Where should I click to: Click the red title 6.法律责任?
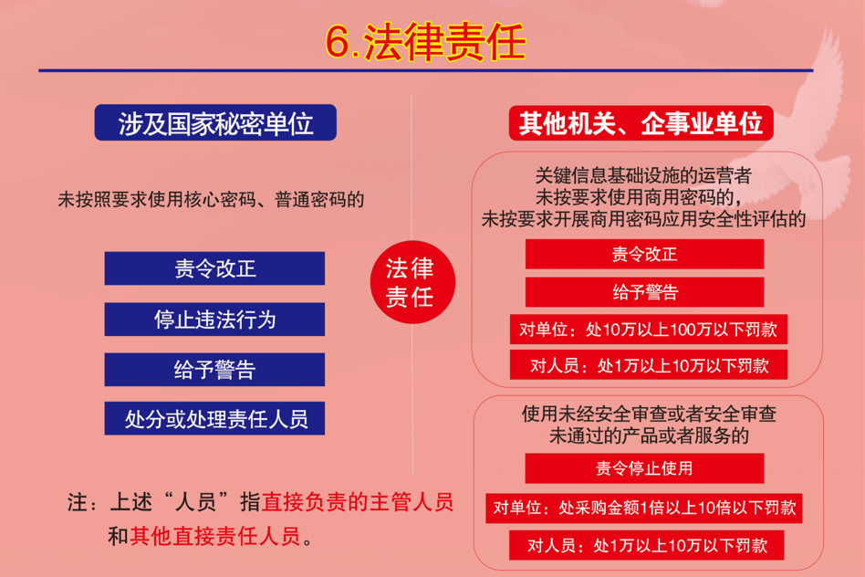point(425,42)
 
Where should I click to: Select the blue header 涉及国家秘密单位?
point(215,122)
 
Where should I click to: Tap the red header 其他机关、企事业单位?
point(641,122)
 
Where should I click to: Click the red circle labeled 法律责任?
point(412,282)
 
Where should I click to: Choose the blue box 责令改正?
point(214,268)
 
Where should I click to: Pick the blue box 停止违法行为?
point(214,320)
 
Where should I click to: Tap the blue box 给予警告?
point(214,370)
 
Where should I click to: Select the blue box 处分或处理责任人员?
point(214,418)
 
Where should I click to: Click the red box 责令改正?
point(644,254)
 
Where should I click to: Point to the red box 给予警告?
point(644,291)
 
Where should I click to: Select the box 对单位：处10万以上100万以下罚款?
point(648,329)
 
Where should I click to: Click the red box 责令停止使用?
point(644,468)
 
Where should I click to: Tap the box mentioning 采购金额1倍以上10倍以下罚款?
point(644,508)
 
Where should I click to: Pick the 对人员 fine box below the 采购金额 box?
point(647,545)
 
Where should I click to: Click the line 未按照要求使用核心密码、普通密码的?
point(211,199)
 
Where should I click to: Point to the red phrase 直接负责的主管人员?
point(358,502)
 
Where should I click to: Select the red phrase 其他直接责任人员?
point(215,536)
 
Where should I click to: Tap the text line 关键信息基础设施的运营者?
point(643,175)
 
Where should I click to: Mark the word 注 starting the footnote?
point(78,502)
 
